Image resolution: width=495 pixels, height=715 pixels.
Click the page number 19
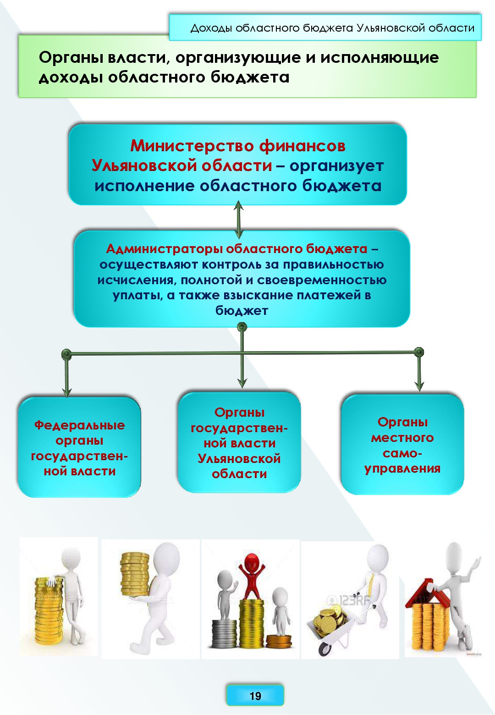[255, 696]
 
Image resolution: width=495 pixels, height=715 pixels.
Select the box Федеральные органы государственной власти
[79, 447]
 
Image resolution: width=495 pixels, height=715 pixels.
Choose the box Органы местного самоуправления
[402, 445]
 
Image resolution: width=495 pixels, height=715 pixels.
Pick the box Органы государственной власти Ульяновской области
[239, 443]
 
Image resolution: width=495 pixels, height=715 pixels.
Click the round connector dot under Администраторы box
[242, 327]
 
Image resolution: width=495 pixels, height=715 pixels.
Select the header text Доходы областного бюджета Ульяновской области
[332, 28]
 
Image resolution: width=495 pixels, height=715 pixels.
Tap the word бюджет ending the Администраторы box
[242, 311]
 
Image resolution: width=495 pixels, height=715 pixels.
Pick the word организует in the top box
[336, 165]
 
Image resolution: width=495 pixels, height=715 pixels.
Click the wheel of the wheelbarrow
[325, 649]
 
